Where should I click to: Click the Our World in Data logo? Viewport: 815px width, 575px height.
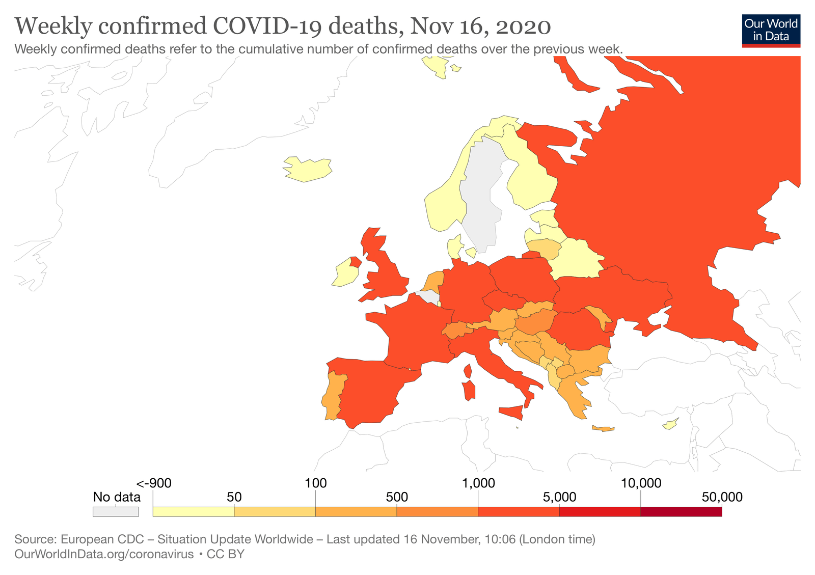pos(771,30)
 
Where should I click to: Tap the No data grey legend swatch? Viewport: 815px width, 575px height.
pos(116,511)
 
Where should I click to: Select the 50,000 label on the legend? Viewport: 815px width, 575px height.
pos(722,497)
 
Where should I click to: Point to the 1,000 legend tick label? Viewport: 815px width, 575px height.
pos(478,483)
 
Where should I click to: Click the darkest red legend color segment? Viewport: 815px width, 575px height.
pos(681,512)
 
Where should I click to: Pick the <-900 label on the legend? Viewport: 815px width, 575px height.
pos(154,483)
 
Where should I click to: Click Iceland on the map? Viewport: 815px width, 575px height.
pos(308,169)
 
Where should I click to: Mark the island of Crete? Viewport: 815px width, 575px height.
pos(603,428)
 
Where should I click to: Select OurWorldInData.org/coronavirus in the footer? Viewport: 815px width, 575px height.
pos(104,554)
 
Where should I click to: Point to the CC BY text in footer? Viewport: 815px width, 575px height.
pos(225,554)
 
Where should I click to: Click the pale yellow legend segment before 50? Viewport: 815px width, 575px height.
pos(193,512)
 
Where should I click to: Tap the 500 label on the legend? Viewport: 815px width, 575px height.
pos(397,497)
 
